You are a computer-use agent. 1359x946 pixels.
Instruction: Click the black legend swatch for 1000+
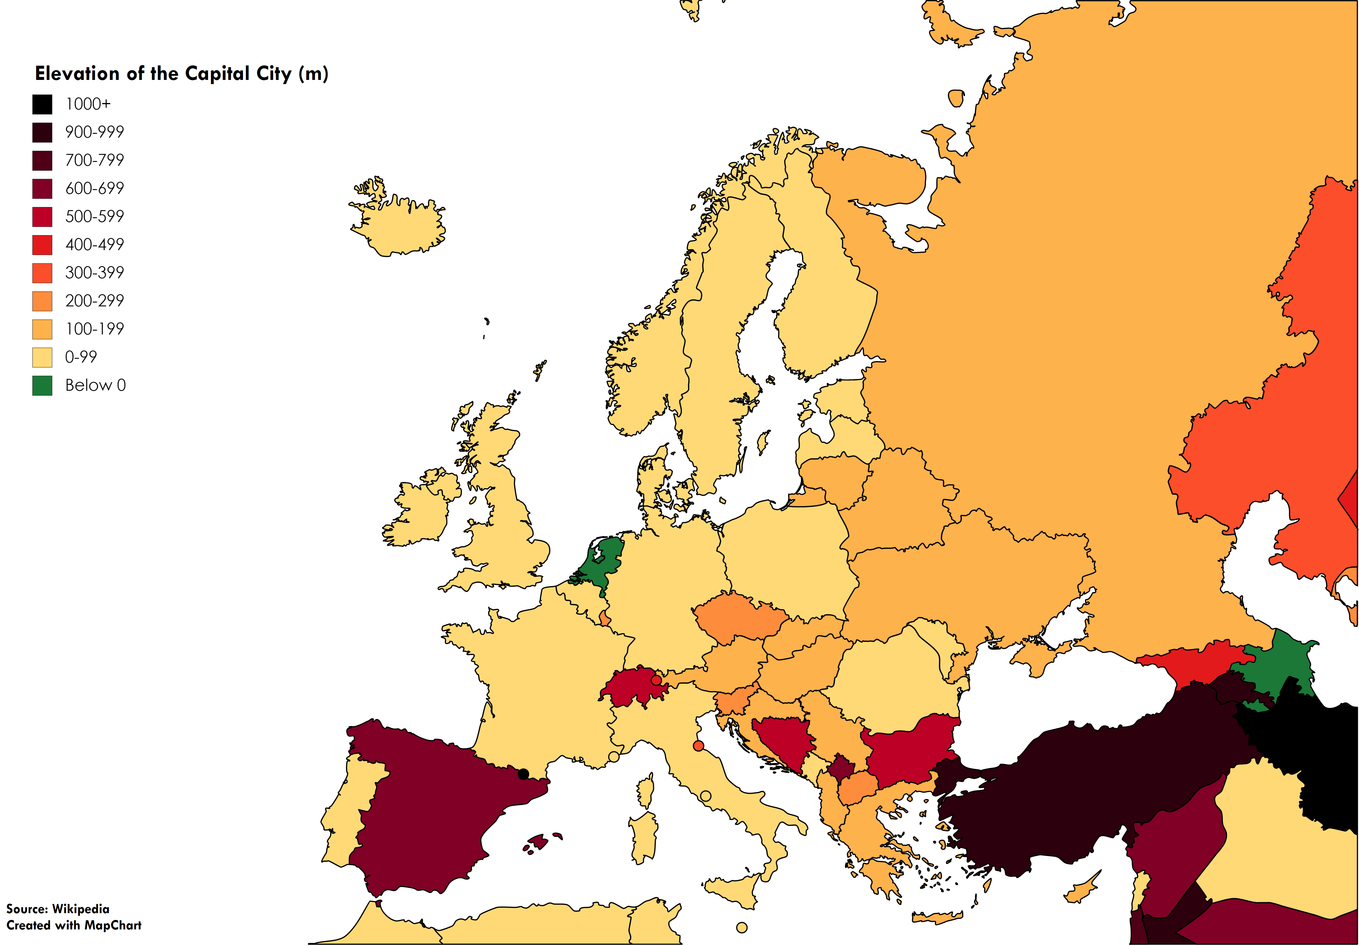point(42,104)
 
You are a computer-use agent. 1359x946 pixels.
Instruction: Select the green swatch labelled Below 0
point(42,385)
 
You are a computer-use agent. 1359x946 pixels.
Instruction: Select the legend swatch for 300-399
point(42,273)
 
